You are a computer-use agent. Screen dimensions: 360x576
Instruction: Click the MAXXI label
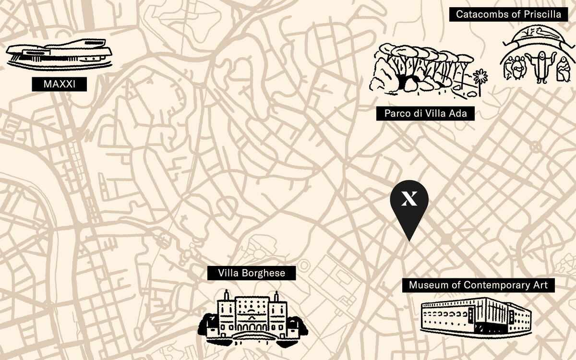coord(59,84)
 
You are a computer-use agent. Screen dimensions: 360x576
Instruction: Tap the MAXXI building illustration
coord(59,55)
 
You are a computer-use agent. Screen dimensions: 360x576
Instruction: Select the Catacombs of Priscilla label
coord(508,14)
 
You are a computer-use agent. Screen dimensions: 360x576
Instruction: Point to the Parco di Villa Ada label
coord(425,114)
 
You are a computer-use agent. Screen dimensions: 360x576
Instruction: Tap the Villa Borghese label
coord(251,274)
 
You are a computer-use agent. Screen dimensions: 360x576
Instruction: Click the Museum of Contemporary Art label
coord(478,285)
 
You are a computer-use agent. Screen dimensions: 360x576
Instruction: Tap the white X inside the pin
coord(409,198)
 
